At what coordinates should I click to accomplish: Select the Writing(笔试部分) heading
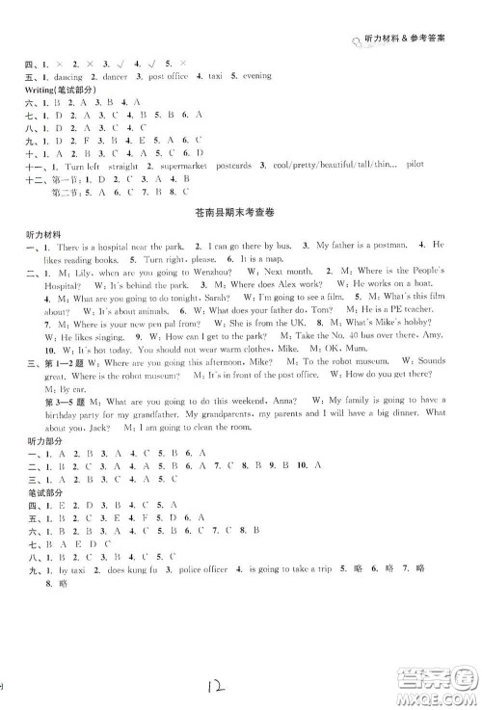click(59, 89)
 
